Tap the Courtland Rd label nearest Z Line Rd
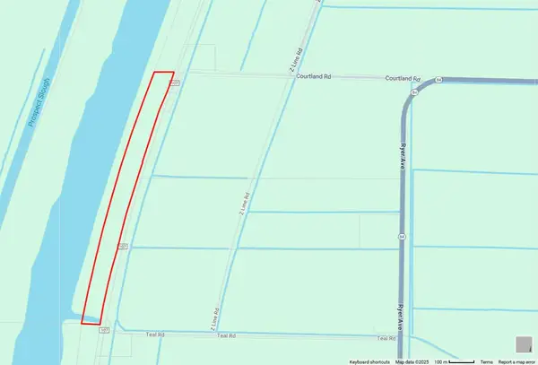pyautogui.click(x=314, y=77)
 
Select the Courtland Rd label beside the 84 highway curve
pyautogui.click(x=403, y=78)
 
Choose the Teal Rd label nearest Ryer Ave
pyautogui.click(x=386, y=338)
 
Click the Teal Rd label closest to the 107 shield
pyautogui.click(x=154, y=335)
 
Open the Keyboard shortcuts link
pyautogui.click(x=369, y=361)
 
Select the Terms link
pyautogui.click(x=486, y=361)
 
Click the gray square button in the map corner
pyautogui.click(x=523, y=343)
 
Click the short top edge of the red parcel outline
pyautogui.click(x=163, y=72)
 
